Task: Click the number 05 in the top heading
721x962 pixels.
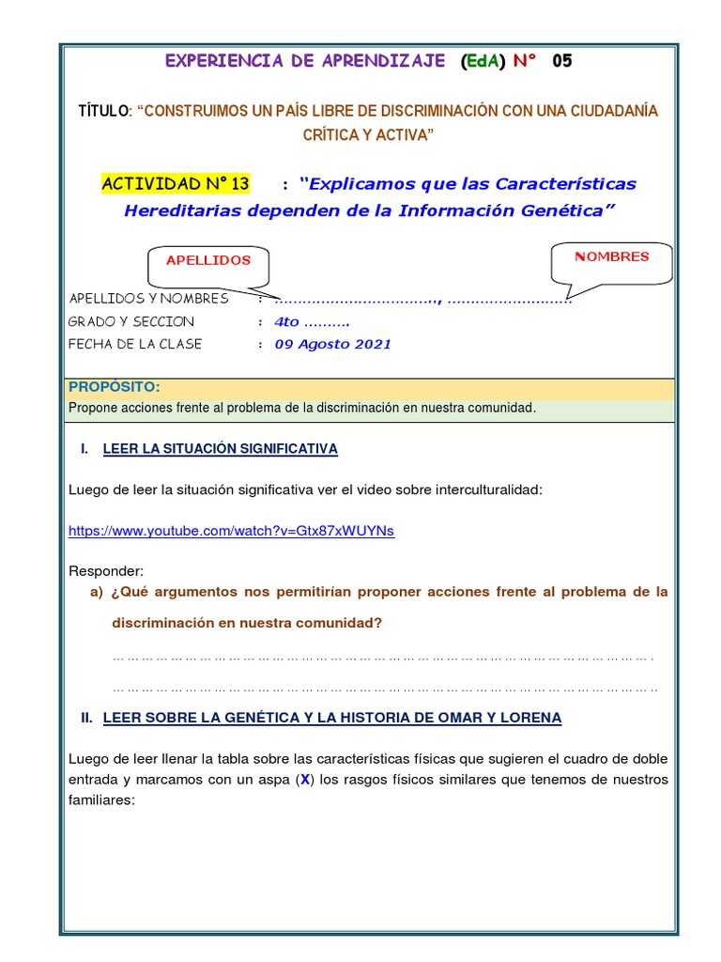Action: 560,61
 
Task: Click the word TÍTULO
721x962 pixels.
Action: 104,112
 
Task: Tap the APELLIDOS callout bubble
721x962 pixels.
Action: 208,261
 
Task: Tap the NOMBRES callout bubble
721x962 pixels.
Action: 611,257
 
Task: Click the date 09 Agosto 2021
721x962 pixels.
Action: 332,344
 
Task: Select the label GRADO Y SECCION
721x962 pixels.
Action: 131,321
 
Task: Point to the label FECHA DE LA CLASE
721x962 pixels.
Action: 135,344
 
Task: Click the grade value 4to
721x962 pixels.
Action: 286,321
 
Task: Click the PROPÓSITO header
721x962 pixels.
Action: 114,387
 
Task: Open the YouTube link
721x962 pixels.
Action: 231,531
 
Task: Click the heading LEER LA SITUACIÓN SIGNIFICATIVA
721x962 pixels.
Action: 220,449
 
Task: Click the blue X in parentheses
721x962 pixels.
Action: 305,780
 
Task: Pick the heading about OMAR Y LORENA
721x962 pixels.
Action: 331,718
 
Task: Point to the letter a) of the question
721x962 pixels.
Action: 96,592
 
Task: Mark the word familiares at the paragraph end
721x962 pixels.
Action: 102,800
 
